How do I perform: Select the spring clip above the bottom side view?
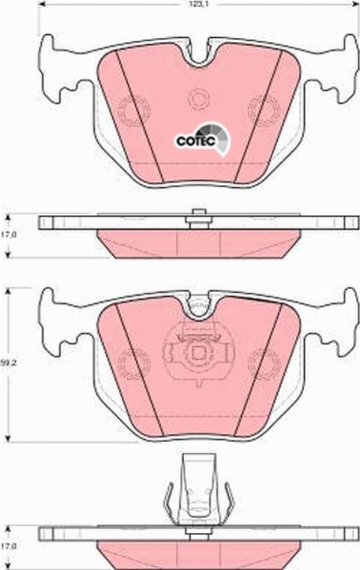[198, 489]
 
